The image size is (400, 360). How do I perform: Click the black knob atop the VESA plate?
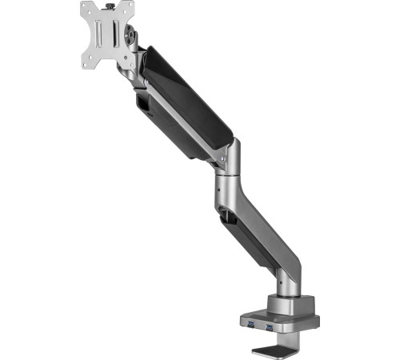click(x=110, y=5)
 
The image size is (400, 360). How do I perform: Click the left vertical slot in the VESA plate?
click(x=99, y=34)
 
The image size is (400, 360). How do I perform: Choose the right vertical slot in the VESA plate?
click(x=117, y=34)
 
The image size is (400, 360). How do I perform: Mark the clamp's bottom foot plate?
click(x=276, y=349)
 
